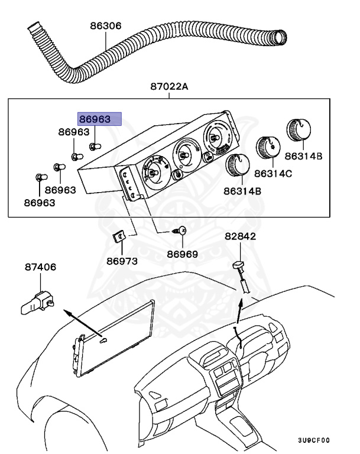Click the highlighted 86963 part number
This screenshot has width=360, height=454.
tap(99, 119)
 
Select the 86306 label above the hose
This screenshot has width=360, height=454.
tap(106, 26)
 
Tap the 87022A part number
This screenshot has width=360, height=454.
tap(168, 87)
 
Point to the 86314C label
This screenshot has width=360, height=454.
tap(273, 174)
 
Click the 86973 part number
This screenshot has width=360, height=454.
tap(122, 261)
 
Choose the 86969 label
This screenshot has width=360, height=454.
tap(182, 255)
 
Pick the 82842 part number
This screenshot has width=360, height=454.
tap(240, 236)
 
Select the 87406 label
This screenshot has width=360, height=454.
tap(41, 267)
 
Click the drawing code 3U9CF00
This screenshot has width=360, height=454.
tap(313, 440)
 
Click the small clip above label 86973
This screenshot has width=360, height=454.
tap(119, 238)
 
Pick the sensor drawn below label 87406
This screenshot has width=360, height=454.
tap(37, 300)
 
